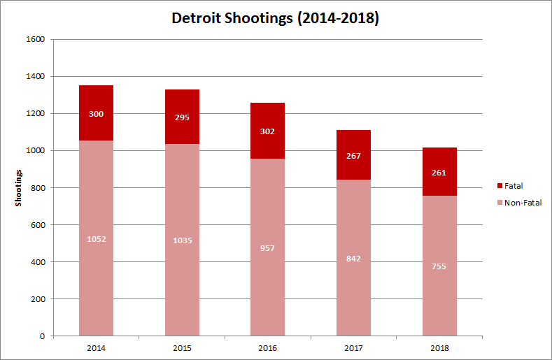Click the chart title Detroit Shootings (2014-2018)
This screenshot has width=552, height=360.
coord(276,18)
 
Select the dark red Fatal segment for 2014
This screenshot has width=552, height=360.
coord(96,126)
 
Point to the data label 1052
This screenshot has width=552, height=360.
coord(96,238)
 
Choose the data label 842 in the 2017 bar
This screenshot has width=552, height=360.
coord(353,258)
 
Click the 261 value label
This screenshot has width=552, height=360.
coord(439,173)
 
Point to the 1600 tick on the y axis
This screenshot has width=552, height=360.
coord(35,39)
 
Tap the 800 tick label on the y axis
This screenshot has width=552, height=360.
coord(37,188)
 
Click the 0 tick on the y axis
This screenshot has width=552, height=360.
coord(42,336)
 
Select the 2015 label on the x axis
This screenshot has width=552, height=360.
coord(182,347)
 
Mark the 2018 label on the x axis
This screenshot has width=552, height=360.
coord(439,347)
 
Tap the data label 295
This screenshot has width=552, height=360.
coord(182,117)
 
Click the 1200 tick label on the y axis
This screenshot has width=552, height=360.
coord(35,113)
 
